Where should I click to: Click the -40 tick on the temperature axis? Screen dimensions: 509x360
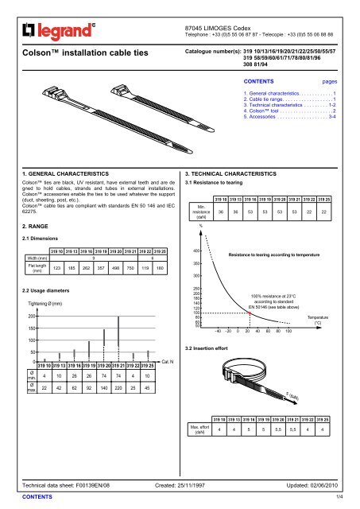218,329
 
